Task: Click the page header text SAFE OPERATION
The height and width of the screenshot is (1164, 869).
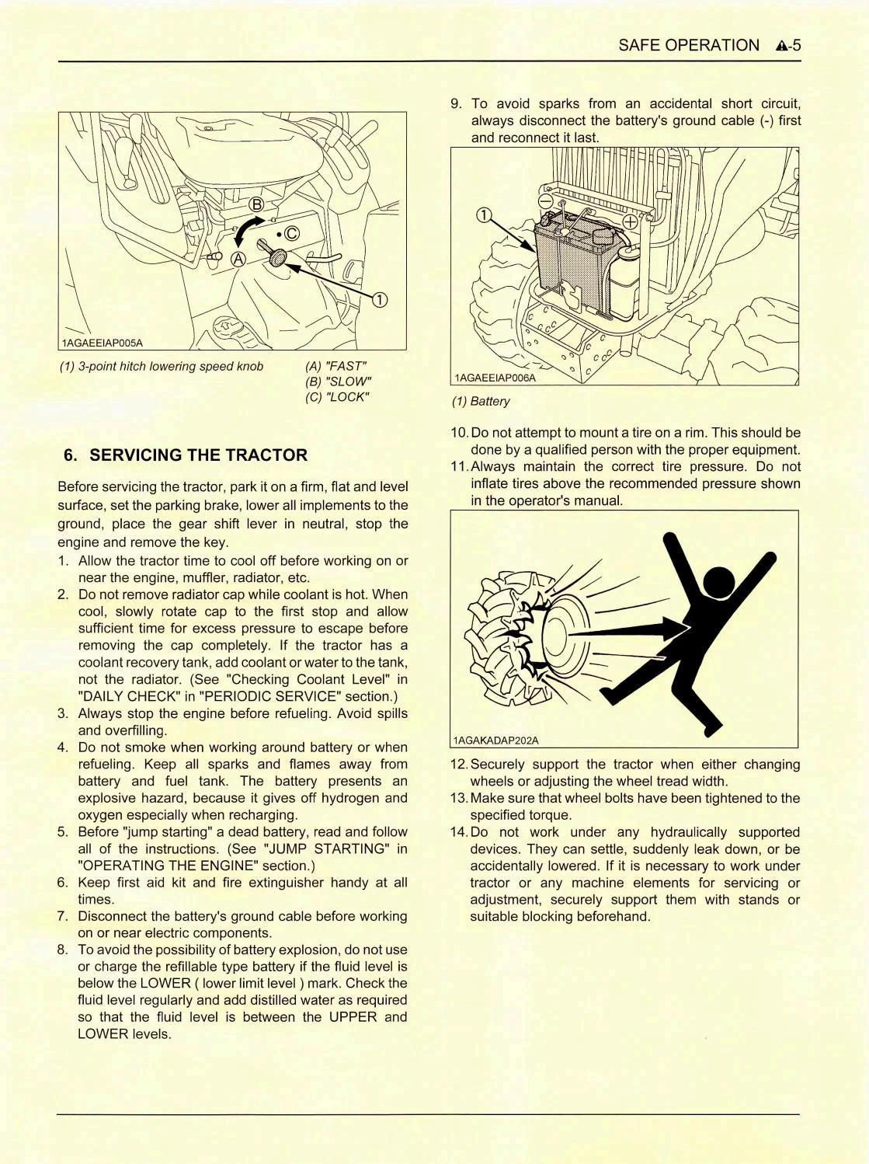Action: pos(688,45)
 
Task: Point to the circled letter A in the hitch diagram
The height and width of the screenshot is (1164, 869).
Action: pos(238,260)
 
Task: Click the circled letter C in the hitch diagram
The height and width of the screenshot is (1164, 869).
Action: pos(291,234)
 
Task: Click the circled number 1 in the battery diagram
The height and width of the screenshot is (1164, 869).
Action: pos(483,215)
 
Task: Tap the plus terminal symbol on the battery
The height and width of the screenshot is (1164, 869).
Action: pos(630,222)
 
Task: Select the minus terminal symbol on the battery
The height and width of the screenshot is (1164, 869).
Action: pos(545,200)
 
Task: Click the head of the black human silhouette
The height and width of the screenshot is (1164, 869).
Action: pos(718,582)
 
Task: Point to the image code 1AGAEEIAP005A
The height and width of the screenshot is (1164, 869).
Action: pos(103,343)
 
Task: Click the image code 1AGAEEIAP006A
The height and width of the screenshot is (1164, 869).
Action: pos(495,378)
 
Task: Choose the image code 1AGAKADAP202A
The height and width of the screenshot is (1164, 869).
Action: pos(495,741)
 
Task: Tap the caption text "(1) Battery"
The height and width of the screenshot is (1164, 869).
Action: pos(481,402)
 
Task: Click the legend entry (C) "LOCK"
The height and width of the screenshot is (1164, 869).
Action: pos(337,397)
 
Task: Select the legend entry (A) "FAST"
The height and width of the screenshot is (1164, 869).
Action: pos(335,366)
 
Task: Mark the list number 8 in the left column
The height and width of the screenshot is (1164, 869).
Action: pos(63,950)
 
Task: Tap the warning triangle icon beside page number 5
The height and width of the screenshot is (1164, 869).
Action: pos(780,46)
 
